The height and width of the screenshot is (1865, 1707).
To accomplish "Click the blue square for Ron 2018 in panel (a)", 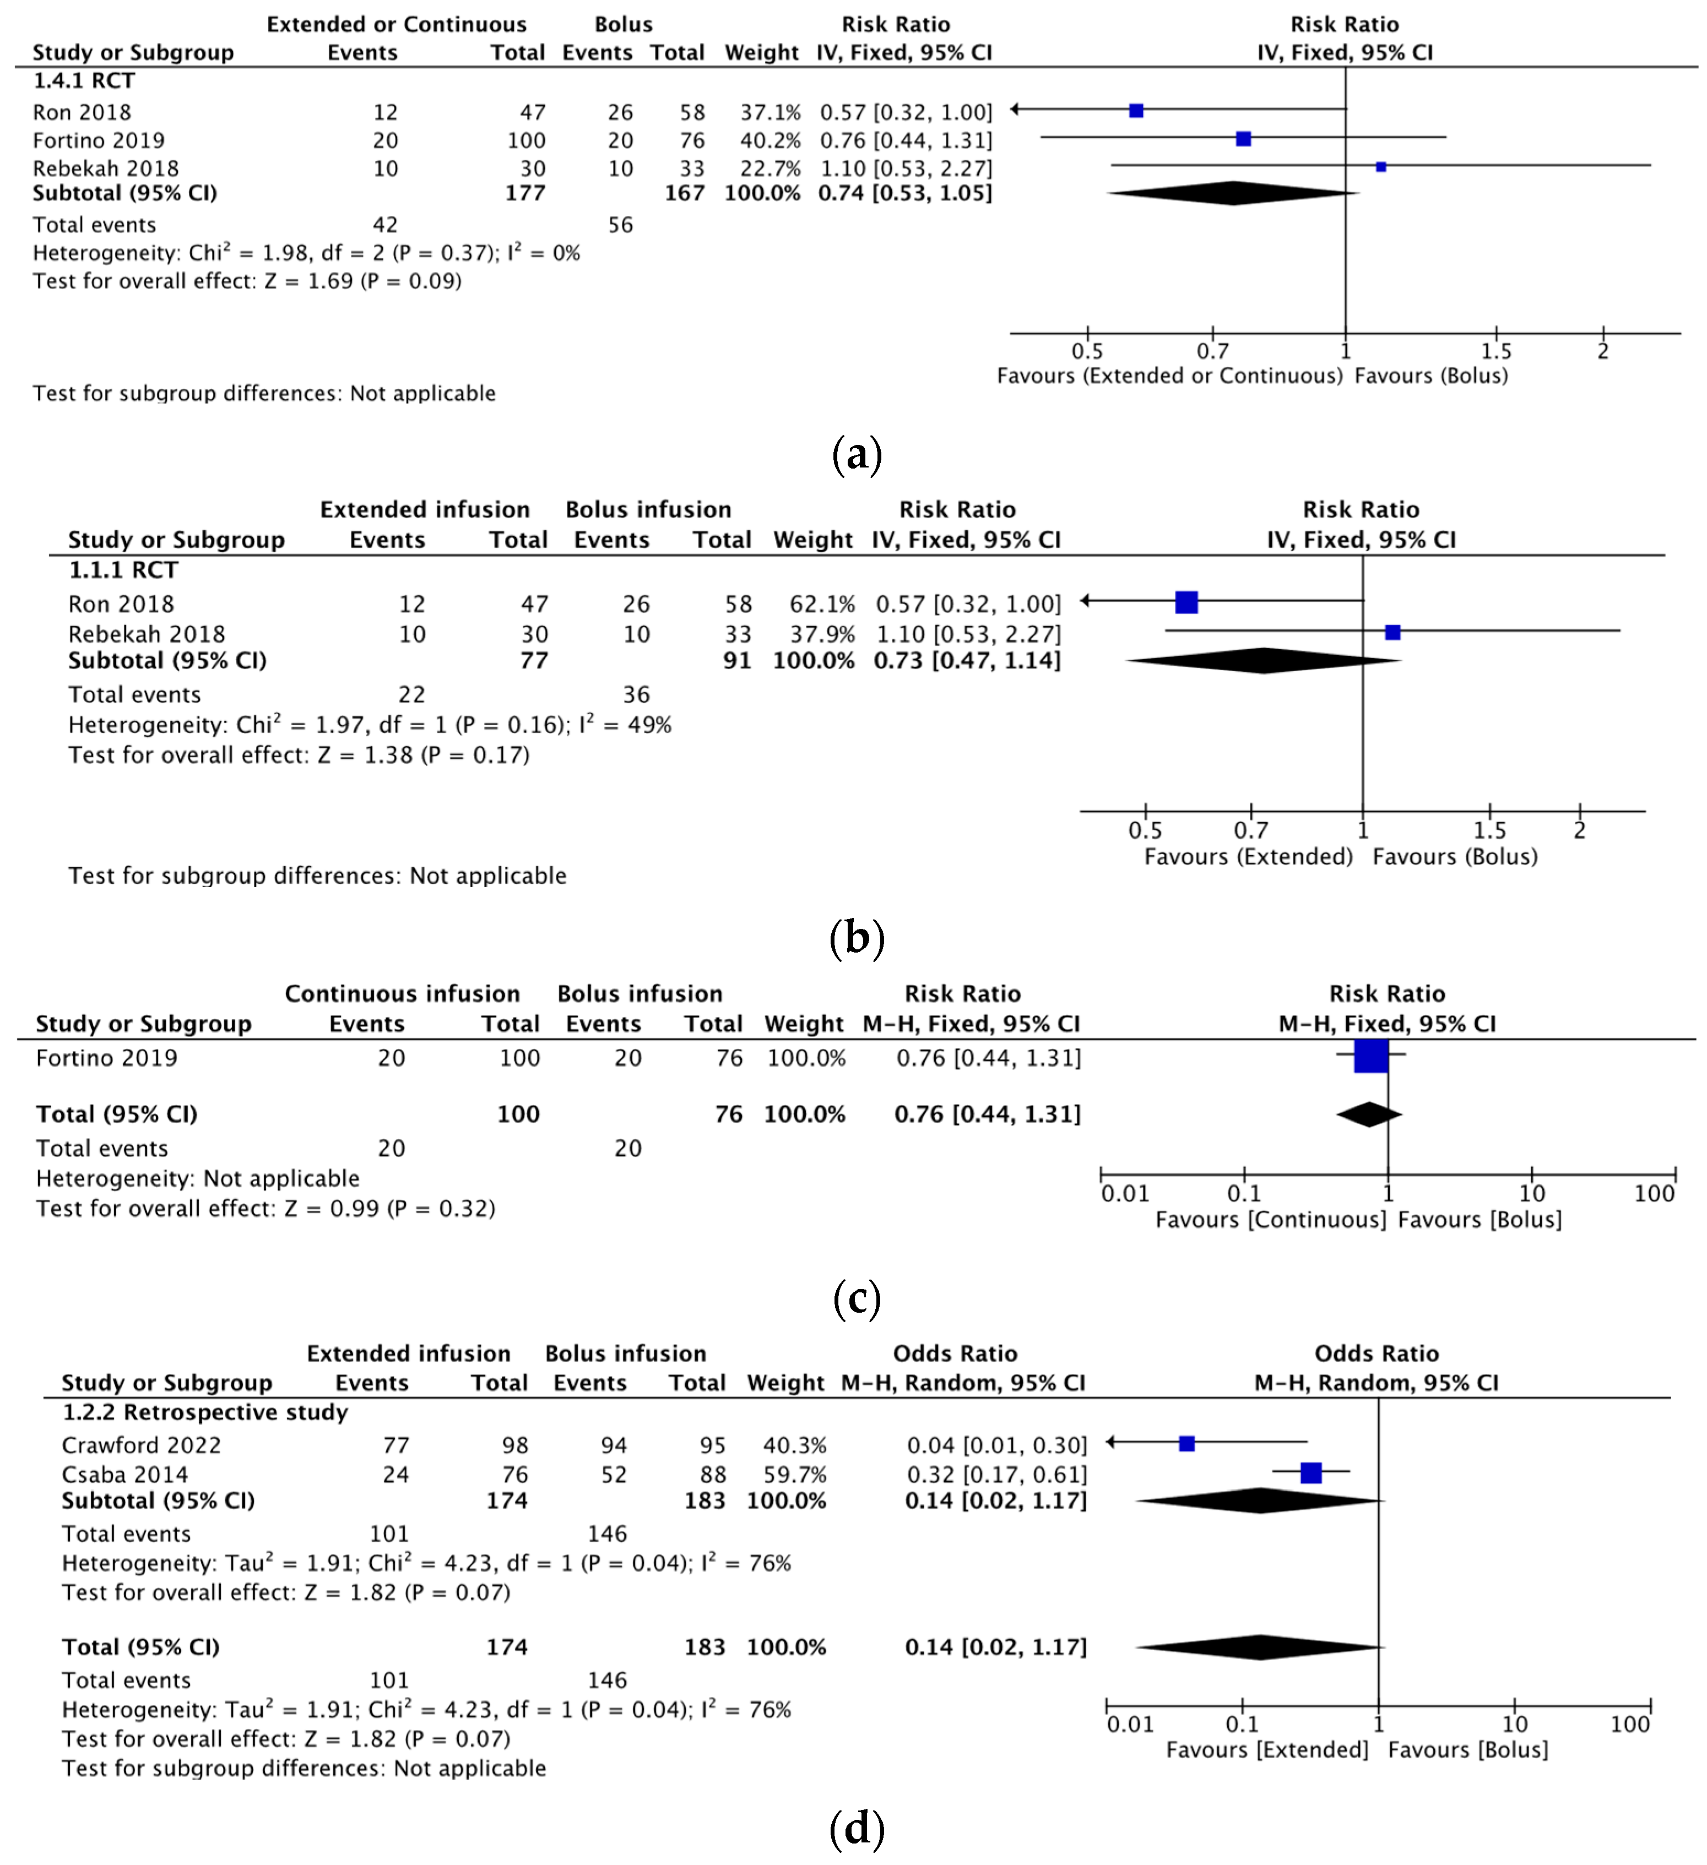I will click(1136, 111).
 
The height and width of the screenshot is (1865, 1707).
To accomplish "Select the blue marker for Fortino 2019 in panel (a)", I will click(1243, 139).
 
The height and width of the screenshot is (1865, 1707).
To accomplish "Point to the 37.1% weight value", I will click(769, 113).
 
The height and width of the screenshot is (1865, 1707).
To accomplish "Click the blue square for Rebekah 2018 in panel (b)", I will click(1392, 633).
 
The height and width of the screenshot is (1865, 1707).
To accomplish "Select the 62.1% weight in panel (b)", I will click(822, 604).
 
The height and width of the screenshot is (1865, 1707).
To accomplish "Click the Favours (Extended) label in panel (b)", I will click(1248, 857).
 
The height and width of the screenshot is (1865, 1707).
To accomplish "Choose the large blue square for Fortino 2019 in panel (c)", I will click(1371, 1056).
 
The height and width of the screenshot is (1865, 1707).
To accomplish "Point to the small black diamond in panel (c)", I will click(1369, 1114).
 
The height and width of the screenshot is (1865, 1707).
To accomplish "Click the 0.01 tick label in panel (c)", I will click(1125, 1194).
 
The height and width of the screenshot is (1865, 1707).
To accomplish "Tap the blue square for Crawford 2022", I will click(1187, 1443).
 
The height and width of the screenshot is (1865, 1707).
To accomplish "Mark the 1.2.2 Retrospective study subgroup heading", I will click(204, 1412).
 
